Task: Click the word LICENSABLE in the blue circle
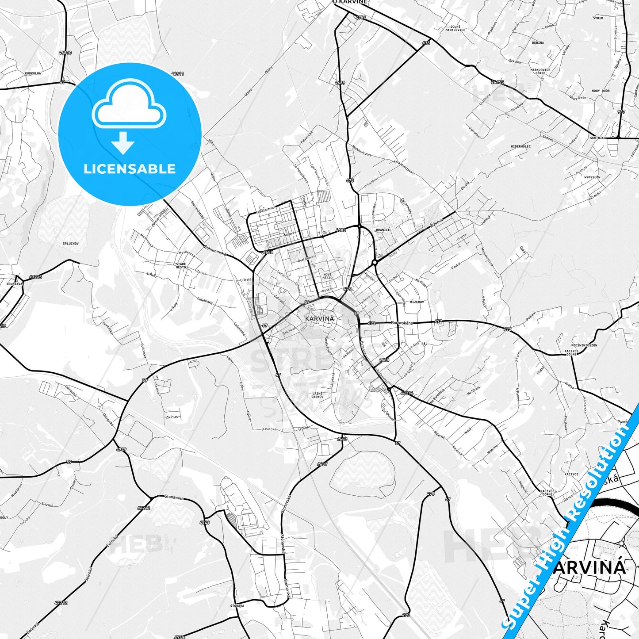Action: (130, 169)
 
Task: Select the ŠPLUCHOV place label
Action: (71, 244)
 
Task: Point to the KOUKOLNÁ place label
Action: (33, 73)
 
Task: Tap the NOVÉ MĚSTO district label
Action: (328, 276)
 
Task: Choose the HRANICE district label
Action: (383, 230)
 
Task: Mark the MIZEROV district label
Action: (417, 302)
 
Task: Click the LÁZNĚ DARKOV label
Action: (318, 395)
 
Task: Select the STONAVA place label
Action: (237, 606)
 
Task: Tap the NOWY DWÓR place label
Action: (601, 91)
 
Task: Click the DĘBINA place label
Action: (538, 43)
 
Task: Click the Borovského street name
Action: (402, 323)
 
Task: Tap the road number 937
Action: (621, 112)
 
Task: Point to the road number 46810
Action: (65, 53)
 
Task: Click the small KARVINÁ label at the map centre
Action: (320, 318)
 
